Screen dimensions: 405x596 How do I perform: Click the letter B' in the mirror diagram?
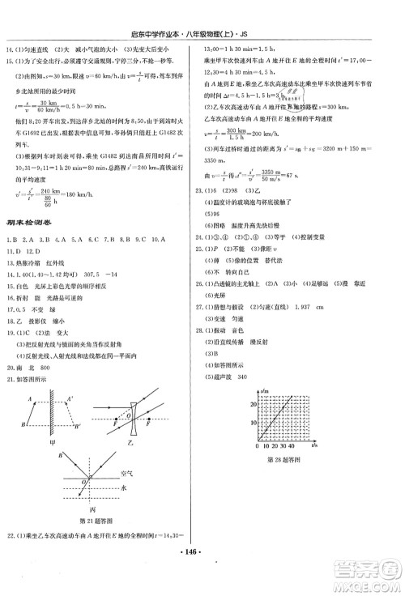[x=76, y=426]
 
